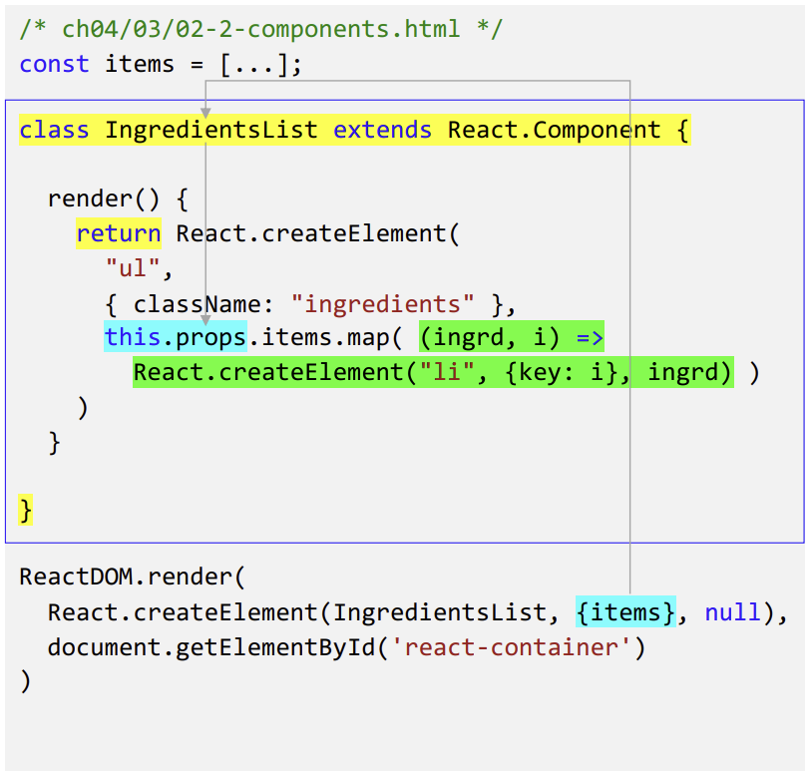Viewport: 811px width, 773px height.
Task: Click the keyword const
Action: (54, 64)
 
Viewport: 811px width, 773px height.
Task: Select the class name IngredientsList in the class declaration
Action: (210, 130)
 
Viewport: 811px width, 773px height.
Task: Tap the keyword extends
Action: (382, 130)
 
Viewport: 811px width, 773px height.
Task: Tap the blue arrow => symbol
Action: (590, 338)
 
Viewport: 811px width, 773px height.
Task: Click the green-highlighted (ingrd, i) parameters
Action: (490, 338)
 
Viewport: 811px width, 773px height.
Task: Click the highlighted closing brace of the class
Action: (26, 511)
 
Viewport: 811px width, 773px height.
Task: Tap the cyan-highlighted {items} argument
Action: (625, 612)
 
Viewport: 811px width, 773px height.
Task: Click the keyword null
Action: (732, 612)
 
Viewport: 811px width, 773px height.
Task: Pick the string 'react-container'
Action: (518, 647)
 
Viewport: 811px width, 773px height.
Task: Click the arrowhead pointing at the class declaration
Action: (204, 114)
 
